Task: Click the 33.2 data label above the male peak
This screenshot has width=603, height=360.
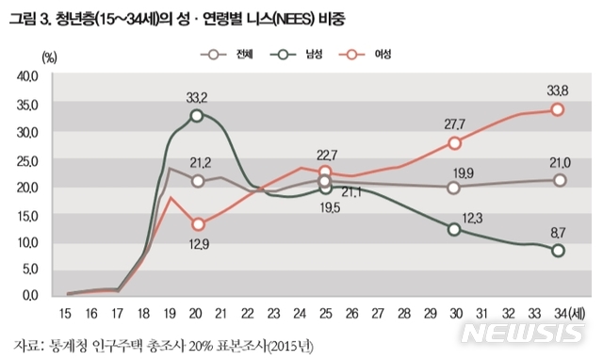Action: [196, 96]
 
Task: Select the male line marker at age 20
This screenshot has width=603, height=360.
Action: [196, 115]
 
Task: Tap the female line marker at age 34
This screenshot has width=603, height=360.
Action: [558, 109]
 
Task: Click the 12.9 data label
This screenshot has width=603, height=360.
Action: [196, 244]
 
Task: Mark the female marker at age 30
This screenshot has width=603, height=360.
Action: [454, 143]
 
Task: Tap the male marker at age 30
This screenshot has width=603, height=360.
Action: [454, 229]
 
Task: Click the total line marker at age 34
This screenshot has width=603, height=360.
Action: [558, 180]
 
